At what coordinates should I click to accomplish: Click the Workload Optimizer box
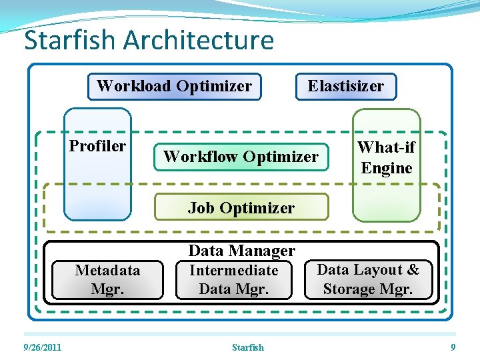[175, 87]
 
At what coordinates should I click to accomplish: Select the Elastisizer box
[346, 87]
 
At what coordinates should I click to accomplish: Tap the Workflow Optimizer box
[241, 157]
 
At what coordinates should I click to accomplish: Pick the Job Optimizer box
[241, 207]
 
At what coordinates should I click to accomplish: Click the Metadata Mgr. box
[107, 279]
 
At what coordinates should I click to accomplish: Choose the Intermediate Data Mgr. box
[234, 279]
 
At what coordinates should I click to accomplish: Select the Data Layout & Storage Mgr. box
[369, 279]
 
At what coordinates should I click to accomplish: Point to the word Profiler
[97, 146]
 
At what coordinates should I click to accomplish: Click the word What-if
[386, 147]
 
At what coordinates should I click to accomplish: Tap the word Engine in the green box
[386, 168]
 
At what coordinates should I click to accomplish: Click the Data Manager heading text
[241, 251]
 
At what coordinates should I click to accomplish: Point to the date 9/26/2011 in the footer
[42, 347]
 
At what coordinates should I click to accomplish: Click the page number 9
[453, 347]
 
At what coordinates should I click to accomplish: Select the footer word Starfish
[248, 347]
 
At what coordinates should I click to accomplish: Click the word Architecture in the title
[199, 40]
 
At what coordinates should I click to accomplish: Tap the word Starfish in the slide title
[69, 40]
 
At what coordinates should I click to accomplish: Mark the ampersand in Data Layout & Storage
[413, 269]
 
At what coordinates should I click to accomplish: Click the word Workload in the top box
[134, 86]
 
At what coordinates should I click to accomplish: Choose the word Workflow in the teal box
[201, 157]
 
